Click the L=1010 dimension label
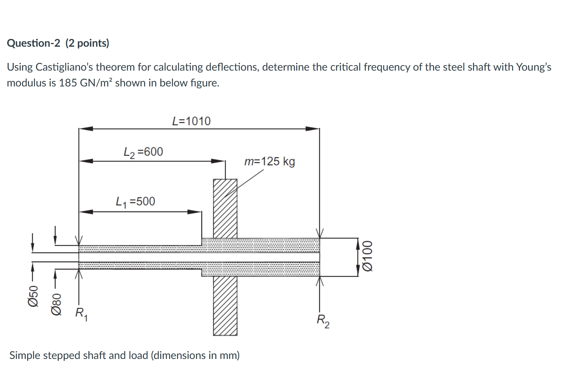191,121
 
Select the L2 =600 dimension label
143,152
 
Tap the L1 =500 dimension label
135,202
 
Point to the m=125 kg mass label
269,161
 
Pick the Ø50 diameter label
33,296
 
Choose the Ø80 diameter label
56,304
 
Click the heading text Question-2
33,43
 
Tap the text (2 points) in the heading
87,43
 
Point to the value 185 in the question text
68,83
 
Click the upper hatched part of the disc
225,208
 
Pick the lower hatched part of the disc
225,306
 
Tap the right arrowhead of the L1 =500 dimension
194,212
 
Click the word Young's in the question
534,67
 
